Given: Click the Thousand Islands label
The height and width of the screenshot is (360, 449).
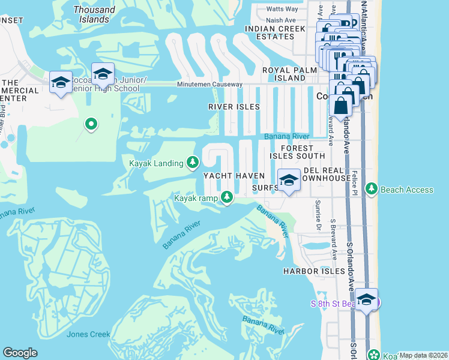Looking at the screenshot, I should pyautogui.click(x=94, y=14).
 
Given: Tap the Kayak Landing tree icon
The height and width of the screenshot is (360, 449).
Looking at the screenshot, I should pyautogui.click(x=193, y=161).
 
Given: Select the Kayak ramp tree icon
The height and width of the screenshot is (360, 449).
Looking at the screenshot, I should pyautogui.click(x=227, y=196).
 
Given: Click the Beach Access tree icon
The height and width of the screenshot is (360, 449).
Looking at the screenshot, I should pyautogui.click(x=372, y=190).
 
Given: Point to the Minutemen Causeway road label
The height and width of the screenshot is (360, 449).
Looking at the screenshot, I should pyautogui.click(x=209, y=85).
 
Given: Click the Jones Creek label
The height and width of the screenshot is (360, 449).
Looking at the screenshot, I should pyautogui.click(x=89, y=334).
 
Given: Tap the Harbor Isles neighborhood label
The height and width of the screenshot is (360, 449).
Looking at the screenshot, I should pyautogui.click(x=315, y=271).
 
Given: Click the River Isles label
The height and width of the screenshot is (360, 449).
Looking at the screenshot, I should pyautogui.click(x=234, y=107).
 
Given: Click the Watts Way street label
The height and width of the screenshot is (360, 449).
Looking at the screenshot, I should pyautogui.click(x=282, y=9).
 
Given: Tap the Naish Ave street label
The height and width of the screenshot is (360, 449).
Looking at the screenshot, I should pyautogui.click(x=281, y=20).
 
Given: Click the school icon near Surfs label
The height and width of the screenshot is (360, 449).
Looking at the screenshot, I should pyautogui.click(x=289, y=180).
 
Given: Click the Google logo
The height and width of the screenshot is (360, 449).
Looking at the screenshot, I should pyautogui.click(x=20, y=353).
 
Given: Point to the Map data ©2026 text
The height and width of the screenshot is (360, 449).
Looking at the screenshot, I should pyautogui.click(x=423, y=355).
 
